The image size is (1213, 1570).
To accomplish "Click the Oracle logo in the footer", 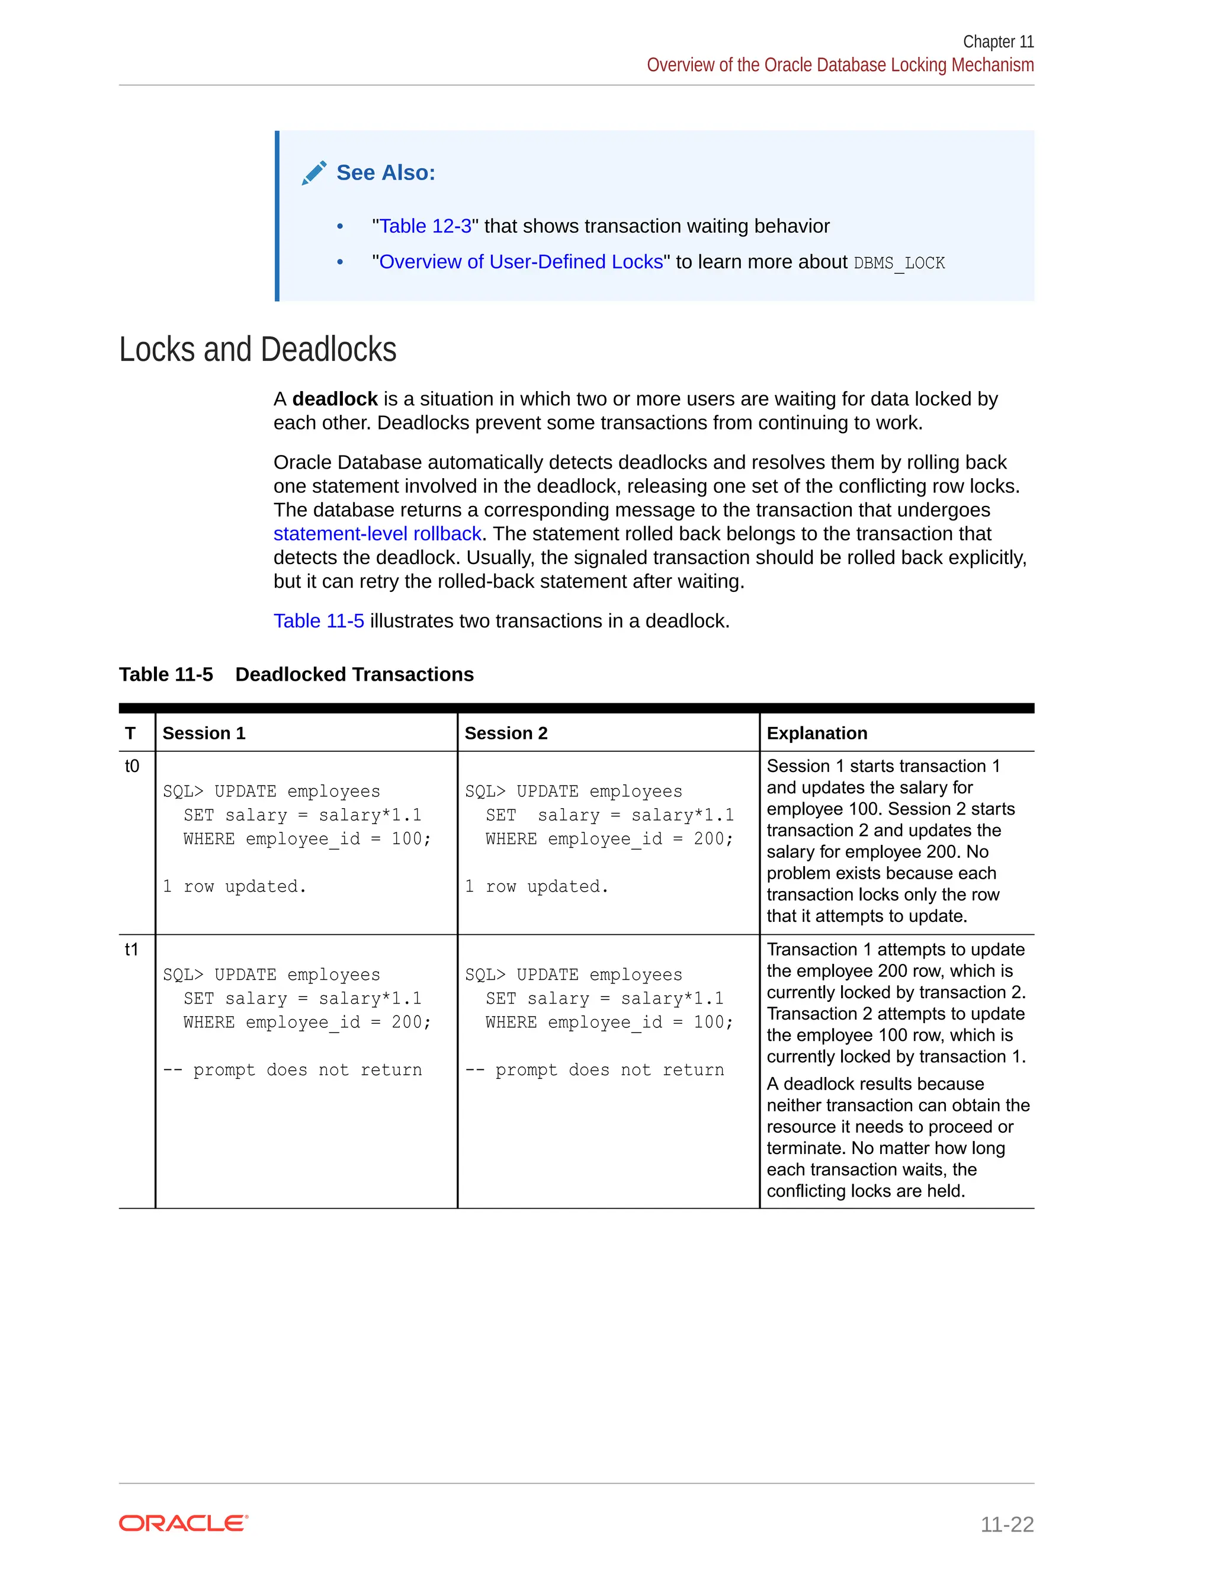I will coord(183,1523).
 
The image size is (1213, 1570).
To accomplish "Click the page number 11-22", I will coord(1007,1524).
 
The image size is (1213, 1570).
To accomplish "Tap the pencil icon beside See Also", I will coord(314,173).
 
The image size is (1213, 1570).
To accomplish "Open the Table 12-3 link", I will coord(425,226).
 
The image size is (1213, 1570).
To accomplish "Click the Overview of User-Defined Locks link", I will coord(520,262).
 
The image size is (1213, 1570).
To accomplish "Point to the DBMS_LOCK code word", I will coord(899,263).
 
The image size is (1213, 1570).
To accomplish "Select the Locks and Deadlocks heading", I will coord(257,350).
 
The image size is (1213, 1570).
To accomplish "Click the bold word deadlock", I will coord(335,399).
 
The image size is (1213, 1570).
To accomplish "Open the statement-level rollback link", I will coord(377,533).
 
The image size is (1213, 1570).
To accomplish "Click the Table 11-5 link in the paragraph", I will coord(318,621).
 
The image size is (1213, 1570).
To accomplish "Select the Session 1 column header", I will coord(204,733).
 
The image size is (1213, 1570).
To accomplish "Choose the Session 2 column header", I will coord(506,733).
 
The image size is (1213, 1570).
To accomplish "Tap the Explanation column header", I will coord(817,733).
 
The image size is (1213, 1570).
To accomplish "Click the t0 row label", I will coord(131,766).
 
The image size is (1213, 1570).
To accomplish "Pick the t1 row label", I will coord(131,950).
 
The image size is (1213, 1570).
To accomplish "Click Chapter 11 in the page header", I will coord(997,41).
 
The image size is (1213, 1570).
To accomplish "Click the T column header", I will coord(130,733).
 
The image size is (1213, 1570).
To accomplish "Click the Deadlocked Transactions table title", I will coord(354,674).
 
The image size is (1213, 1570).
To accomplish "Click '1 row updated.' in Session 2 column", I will coord(536,886).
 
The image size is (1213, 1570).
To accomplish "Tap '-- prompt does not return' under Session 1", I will coord(292,1069).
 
